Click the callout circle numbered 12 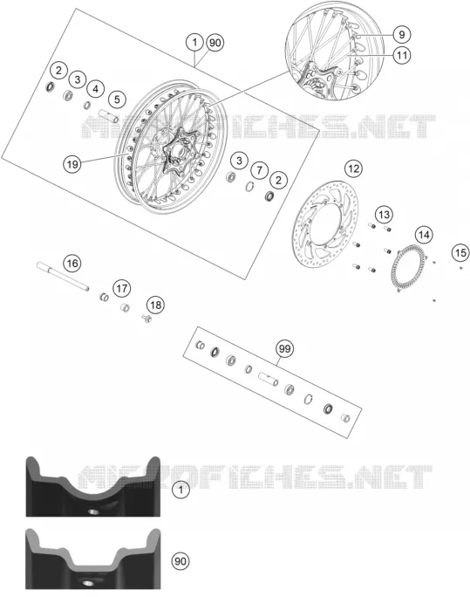tap(353, 168)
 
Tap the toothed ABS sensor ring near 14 tap(409, 269)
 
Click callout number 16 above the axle tap(72, 263)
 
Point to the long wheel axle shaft tap(63, 276)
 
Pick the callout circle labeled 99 tap(284, 348)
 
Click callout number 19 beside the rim tap(72, 164)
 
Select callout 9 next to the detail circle tap(402, 34)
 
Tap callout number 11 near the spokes tap(402, 55)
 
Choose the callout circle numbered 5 tap(117, 99)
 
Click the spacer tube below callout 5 tap(109, 116)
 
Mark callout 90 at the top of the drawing tap(215, 42)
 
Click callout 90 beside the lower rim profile tap(181, 561)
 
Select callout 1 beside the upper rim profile tap(181, 490)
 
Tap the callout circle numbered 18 tap(155, 305)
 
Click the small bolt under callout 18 tap(146, 318)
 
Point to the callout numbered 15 tap(460, 252)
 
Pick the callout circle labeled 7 tap(259, 170)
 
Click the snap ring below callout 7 tap(249, 187)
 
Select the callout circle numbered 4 tap(95, 89)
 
